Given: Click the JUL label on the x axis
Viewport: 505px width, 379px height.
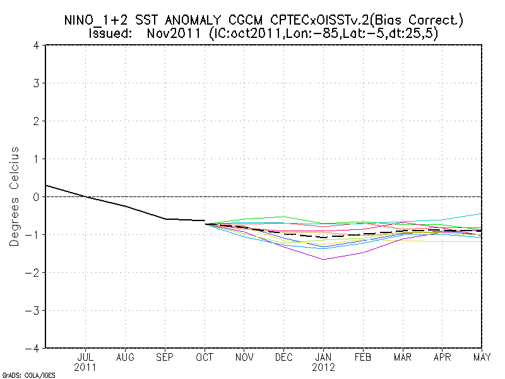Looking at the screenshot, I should [x=86, y=357].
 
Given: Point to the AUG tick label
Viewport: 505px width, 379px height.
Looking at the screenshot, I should [x=125, y=357].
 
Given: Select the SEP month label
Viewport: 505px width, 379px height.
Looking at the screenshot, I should [x=165, y=357].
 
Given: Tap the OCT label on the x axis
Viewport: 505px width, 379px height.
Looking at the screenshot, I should [x=205, y=357].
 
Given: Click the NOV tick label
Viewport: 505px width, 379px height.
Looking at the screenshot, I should [x=244, y=357].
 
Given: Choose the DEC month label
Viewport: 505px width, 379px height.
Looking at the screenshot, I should [x=283, y=357].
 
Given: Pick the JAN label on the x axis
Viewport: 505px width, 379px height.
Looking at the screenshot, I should [x=323, y=357].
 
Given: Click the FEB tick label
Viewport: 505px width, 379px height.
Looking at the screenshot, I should [x=363, y=357].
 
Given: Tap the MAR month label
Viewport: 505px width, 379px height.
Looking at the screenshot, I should [x=402, y=357].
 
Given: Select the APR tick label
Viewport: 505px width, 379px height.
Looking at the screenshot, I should [x=442, y=357].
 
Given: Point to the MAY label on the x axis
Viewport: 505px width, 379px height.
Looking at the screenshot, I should [x=481, y=357].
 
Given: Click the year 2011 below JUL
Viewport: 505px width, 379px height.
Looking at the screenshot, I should [x=86, y=367].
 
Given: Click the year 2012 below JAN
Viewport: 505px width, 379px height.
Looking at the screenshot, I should [x=323, y=367].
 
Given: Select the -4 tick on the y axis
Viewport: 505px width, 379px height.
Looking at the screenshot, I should [x=34, y=348].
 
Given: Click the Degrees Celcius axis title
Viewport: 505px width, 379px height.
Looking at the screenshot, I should [x=15, y=196].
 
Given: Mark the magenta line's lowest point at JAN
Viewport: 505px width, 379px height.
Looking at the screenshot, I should [x=323, y=260].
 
